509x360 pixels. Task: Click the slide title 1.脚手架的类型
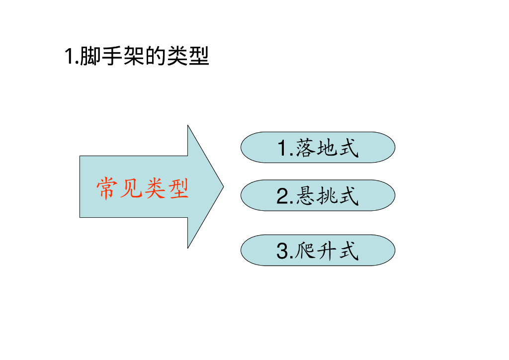137,56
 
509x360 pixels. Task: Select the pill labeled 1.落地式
318,147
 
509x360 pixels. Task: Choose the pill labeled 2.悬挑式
318,195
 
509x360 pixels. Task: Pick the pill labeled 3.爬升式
318,250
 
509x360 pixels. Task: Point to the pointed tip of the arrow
223,187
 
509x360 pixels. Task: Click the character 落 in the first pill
305,148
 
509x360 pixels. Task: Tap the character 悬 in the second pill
305,196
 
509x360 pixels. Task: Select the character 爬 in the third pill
305,251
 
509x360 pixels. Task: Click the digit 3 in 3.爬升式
282,252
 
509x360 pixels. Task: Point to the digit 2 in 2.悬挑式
282,197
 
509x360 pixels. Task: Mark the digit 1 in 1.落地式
282,149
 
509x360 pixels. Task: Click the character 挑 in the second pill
327,196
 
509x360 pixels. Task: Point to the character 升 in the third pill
327,251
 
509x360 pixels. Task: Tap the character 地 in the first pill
327,148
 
